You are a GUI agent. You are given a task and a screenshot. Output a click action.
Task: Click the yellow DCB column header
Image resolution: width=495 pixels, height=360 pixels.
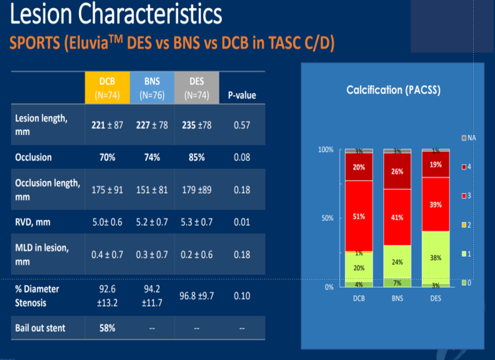click(x=106, y=88)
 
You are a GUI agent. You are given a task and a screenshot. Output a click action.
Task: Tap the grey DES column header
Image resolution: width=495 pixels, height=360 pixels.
click(x=196, y=88)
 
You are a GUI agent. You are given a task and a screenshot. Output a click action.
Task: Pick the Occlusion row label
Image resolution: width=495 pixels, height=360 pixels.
click(x=33, y=157)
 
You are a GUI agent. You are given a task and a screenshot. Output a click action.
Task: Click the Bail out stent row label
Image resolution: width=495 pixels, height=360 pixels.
click(x=40, y=327)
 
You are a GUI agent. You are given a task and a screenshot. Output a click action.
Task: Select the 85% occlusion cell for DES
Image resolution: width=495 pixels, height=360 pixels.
click(x=196, y=158)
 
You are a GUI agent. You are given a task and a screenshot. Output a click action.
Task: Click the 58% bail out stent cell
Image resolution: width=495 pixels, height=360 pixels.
click(x=106, y=327)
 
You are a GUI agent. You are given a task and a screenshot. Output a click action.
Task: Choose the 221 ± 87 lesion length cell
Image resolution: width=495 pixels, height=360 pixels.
click(x=106, y=124)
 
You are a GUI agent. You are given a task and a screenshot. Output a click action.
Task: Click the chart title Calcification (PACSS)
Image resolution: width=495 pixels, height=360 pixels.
click(x=393, y=90)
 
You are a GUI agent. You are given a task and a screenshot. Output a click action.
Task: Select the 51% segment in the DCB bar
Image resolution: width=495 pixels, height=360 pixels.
click(x=359, y=216)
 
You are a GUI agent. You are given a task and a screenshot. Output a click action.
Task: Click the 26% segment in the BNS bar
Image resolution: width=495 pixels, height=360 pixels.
click(x=397, y=171)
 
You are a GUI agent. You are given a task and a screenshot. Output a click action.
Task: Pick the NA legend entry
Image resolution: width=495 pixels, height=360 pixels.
click(x=468, y=138)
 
